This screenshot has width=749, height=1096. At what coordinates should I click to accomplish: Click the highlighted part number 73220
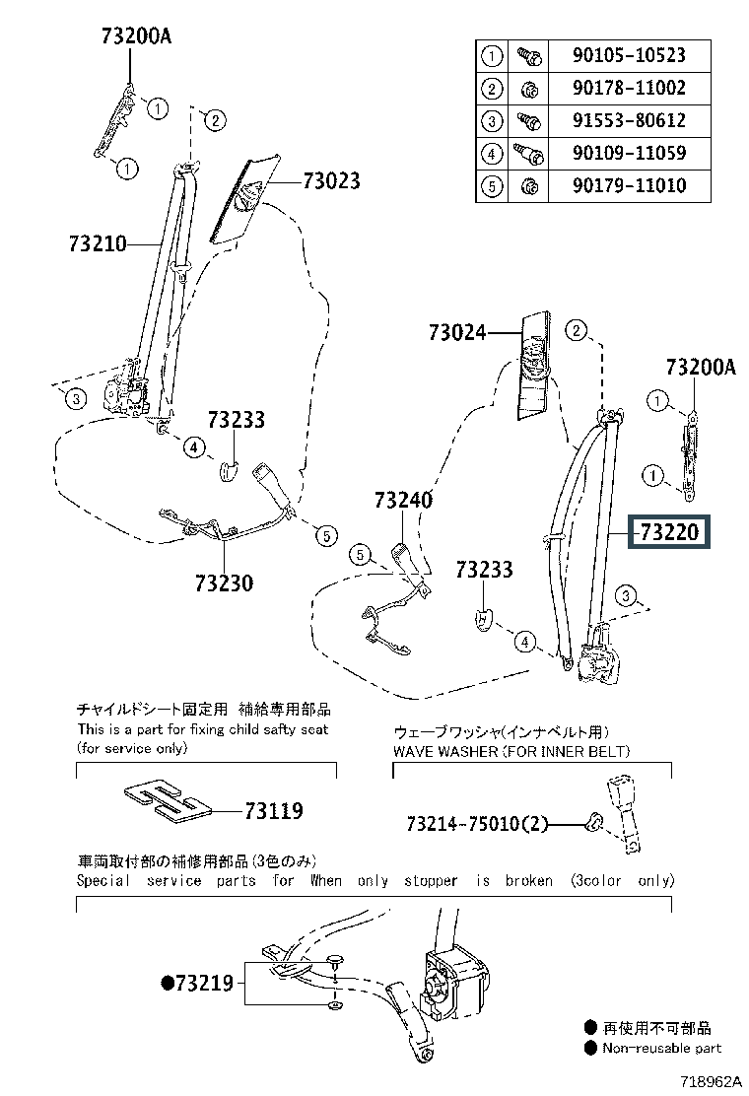pyautogui.click(x=668, y=532)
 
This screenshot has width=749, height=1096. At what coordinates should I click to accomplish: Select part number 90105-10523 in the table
pyautogui.click(x=629, y=55)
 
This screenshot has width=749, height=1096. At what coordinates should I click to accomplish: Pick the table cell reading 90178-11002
pyautogui.click(x=629, y=88)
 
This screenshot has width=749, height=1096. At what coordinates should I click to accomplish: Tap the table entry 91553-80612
pyautogui.click(x=629, y=120)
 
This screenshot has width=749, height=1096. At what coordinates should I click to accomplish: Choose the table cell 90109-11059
pyautogui.click(x=629, y=153)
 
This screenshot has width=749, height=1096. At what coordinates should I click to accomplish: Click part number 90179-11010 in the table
pyautogui.click(x=629, y=186)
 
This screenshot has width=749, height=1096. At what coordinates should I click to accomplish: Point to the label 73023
pyautogui.click(x=331, y=181)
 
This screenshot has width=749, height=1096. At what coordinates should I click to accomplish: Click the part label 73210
pyautogui.click(x=98, y=244)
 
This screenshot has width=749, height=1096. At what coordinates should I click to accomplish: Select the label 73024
pyautogui.click(x=457, y=333)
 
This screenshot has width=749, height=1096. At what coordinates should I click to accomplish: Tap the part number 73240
pyautogui.click(x=403, y=501)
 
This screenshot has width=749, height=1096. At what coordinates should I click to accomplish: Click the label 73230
pyautogui.click(x=225, y=582)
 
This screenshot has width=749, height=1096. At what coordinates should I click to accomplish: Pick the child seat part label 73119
pyautogui.click(x=274, y=811)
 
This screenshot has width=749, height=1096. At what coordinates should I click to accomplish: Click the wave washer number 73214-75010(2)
pyautogui.click(x=477, y=824)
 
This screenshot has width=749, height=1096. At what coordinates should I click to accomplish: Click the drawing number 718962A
pyautogui.click(x=711, y=1081)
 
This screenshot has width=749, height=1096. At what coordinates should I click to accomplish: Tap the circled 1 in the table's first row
pyautogui.click(x=492, y=56)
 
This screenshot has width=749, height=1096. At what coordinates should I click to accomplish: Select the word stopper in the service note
pyautogui.click(x=431, y=881)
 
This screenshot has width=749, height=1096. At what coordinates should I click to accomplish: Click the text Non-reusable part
pyautogui.click(x=661, y=1048)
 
